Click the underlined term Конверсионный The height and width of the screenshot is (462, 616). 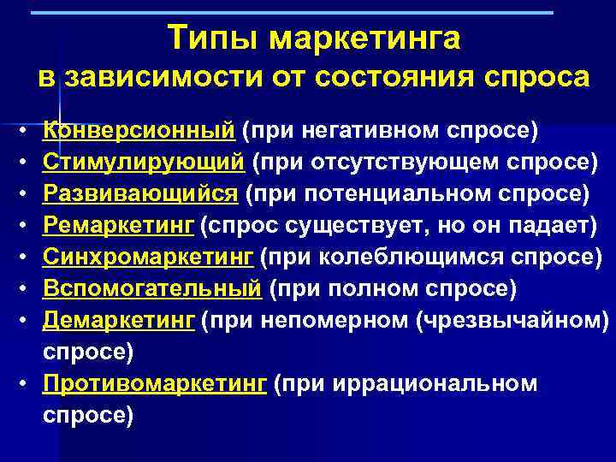(139, 131)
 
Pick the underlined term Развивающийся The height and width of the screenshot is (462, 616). (140, 193)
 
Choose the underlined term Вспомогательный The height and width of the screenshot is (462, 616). (152, 288)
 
